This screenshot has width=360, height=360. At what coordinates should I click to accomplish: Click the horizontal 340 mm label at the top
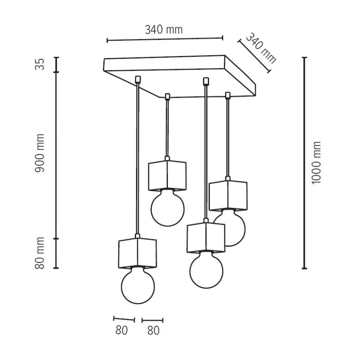164,29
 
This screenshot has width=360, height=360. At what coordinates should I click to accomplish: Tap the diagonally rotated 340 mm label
261,49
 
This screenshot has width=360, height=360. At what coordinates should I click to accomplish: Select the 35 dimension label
39,64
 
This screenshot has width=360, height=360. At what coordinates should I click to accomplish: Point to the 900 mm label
39,153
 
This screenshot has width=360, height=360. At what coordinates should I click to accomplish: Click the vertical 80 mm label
39,253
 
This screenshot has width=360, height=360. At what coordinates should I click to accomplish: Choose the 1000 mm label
316,163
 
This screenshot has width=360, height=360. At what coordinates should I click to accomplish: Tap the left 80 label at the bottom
122,331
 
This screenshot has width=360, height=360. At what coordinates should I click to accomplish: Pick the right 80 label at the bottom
153,331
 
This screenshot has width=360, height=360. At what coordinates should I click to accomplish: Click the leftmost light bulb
138,285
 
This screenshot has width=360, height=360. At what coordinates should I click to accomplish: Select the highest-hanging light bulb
168,207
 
